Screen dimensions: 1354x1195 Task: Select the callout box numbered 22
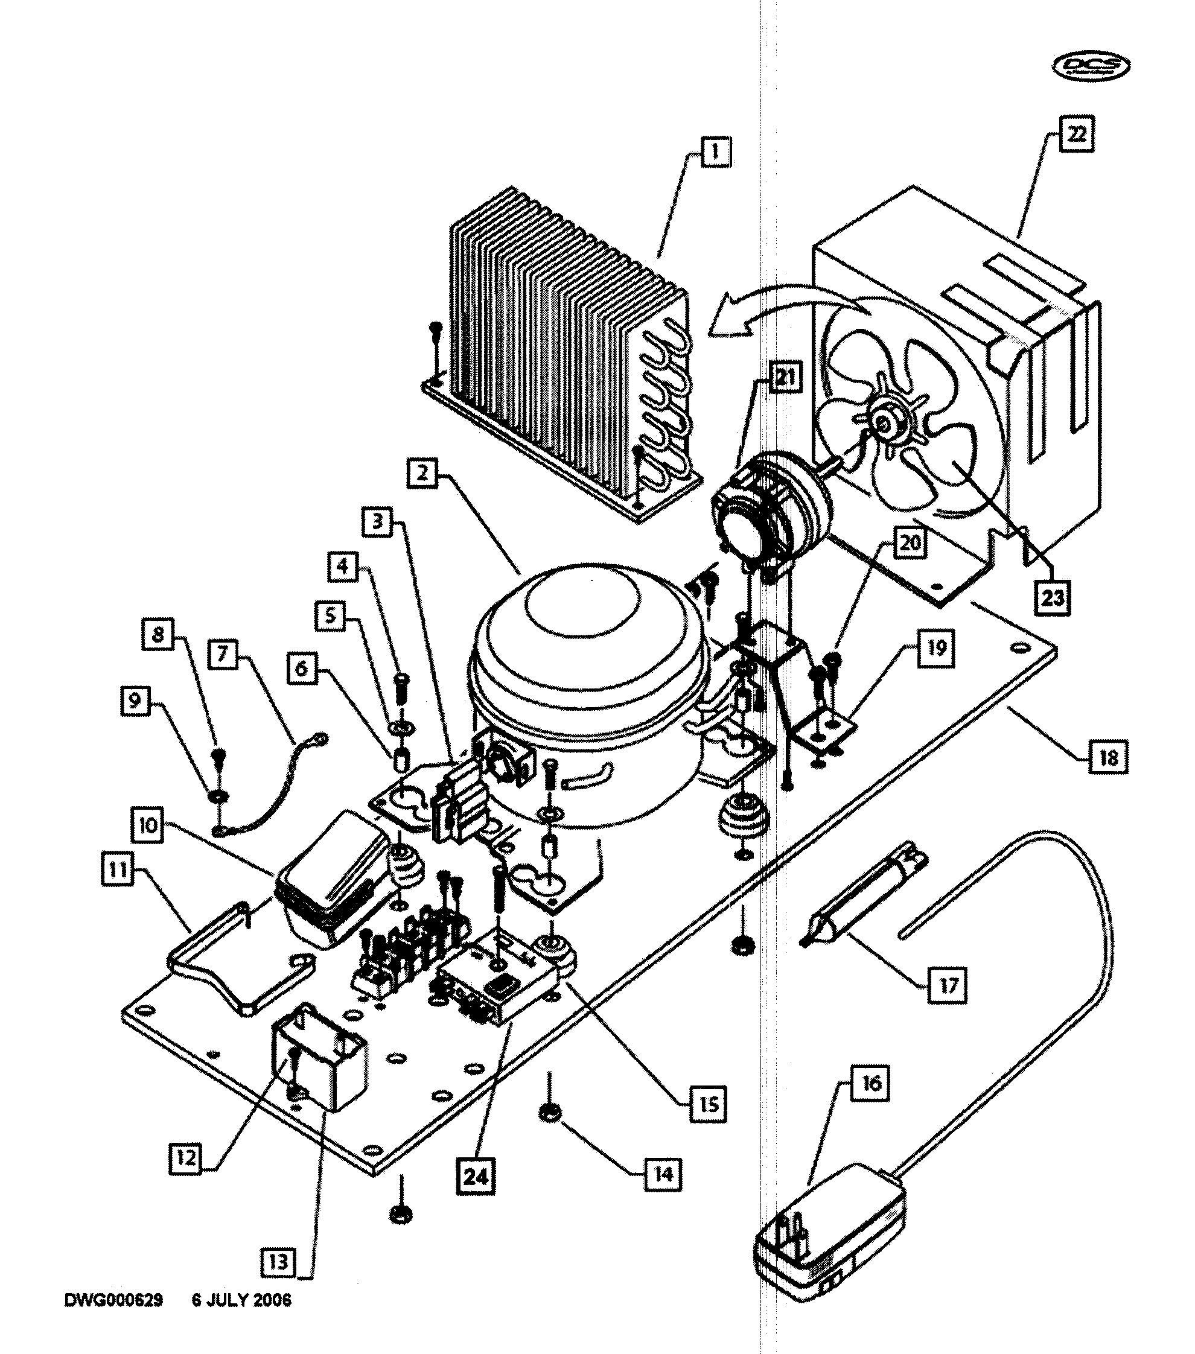[x=1075, y=134]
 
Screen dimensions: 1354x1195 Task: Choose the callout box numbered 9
[x=135, y=700]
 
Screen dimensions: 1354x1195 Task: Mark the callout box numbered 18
[x=1108, y=757]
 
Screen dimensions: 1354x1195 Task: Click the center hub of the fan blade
[x=883, y=422]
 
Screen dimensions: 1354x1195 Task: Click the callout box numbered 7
[x=223, y=655]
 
